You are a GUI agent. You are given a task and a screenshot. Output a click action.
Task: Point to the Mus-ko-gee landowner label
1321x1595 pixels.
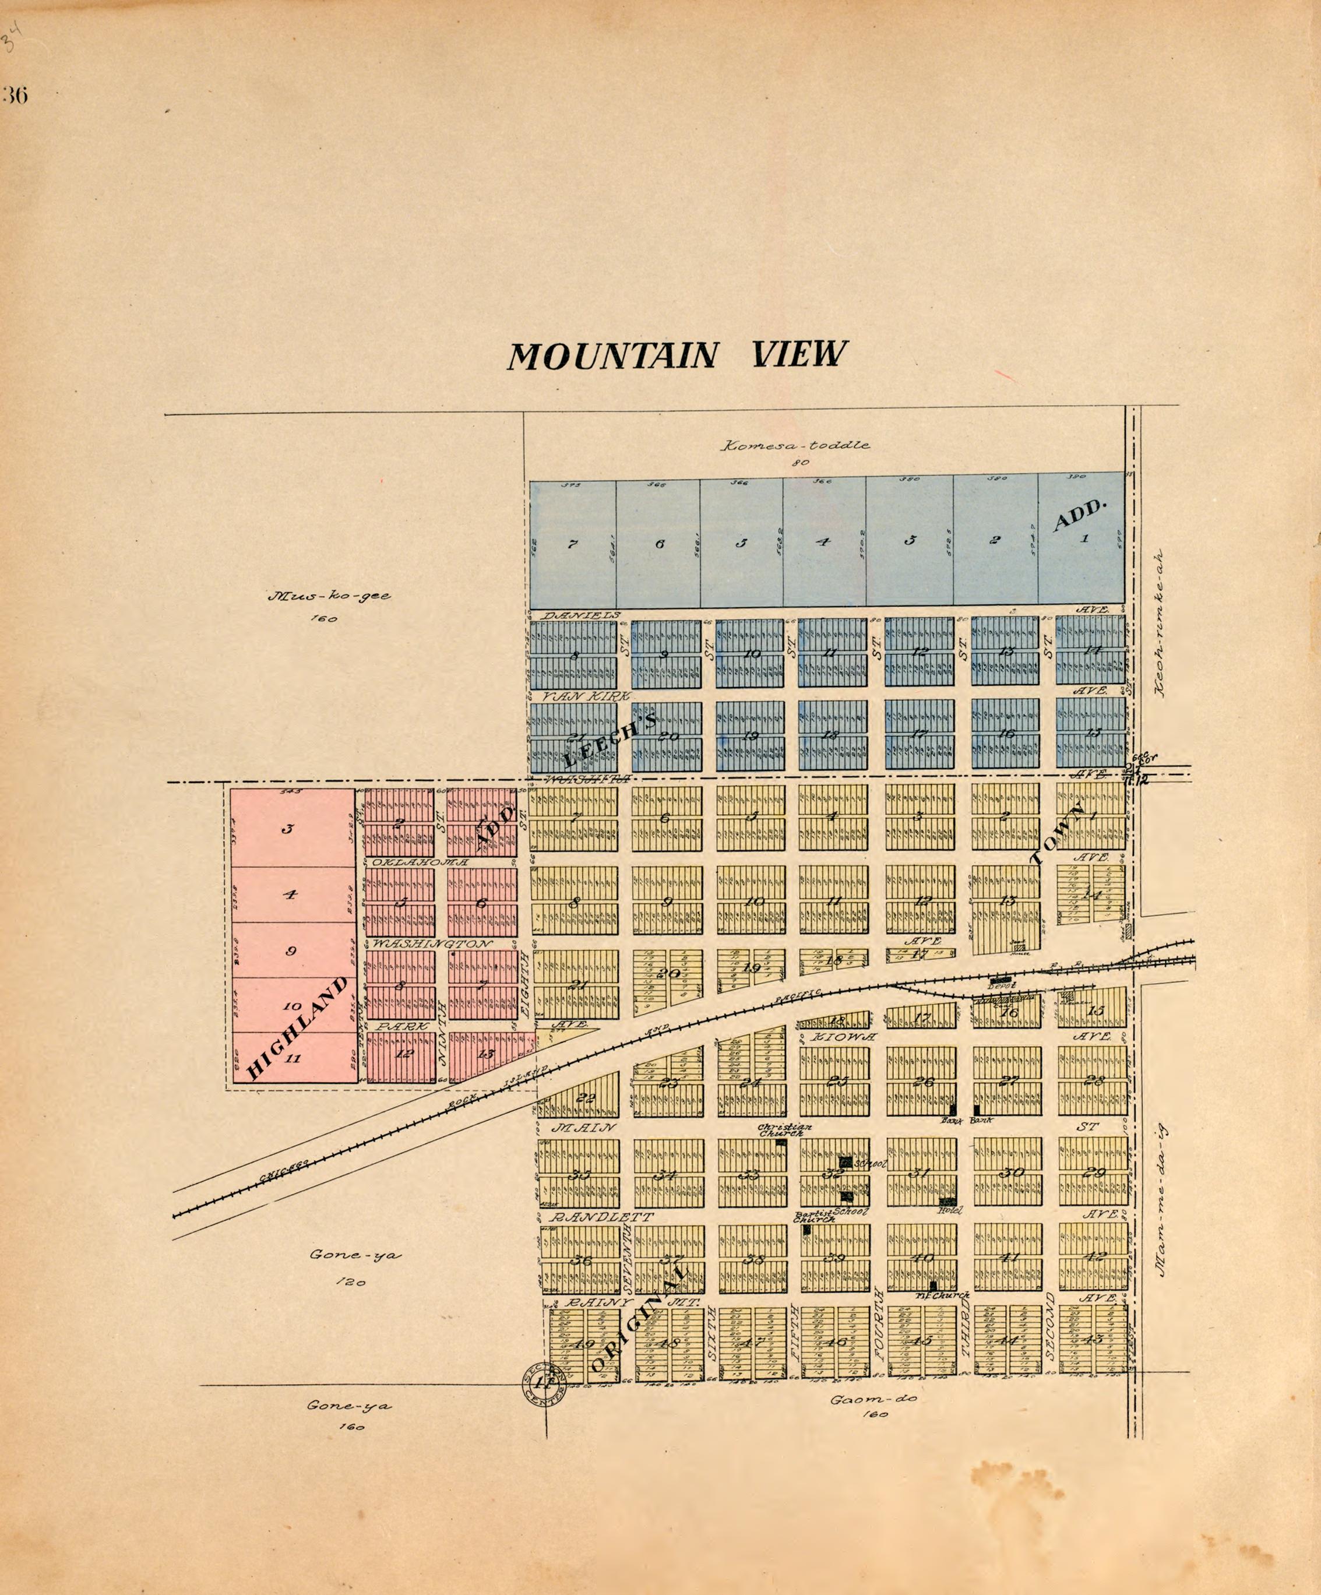(x=329, y=596)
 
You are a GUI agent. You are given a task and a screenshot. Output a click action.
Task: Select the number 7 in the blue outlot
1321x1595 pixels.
(x=572, y=544)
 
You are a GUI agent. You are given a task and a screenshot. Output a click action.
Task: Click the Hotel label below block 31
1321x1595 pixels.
(x=946, y=1212)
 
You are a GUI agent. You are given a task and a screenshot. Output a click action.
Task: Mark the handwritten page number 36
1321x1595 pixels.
(x=15, y=96)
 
